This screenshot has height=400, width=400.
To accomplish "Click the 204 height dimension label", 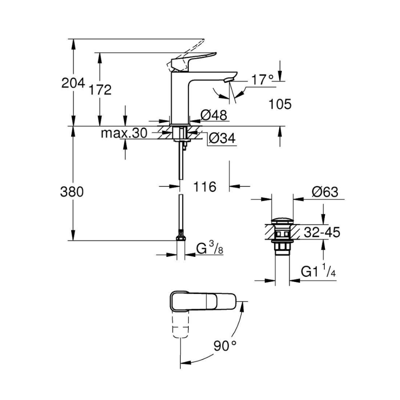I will pyautogui.click(x=73, y=83).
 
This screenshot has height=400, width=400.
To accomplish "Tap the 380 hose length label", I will pyautogui.click(x=72, y=192).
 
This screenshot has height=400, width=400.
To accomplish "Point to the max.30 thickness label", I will pyautogui.click(x=124, y=133).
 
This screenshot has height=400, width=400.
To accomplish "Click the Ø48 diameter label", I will pyautogui.click(x=214, y=116).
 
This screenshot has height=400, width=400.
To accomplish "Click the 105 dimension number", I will pyautogui.click(x=280, y=104).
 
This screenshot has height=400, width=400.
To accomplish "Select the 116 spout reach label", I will pyautogui.click(x=204, y=186).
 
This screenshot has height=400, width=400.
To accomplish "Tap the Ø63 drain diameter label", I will pyautogui.click(x=324, y=192).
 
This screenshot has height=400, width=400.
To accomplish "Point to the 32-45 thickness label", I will pyautogui.click(x=322, y=232).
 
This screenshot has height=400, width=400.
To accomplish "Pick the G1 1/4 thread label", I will pyautogui.click(x=318, y=272).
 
